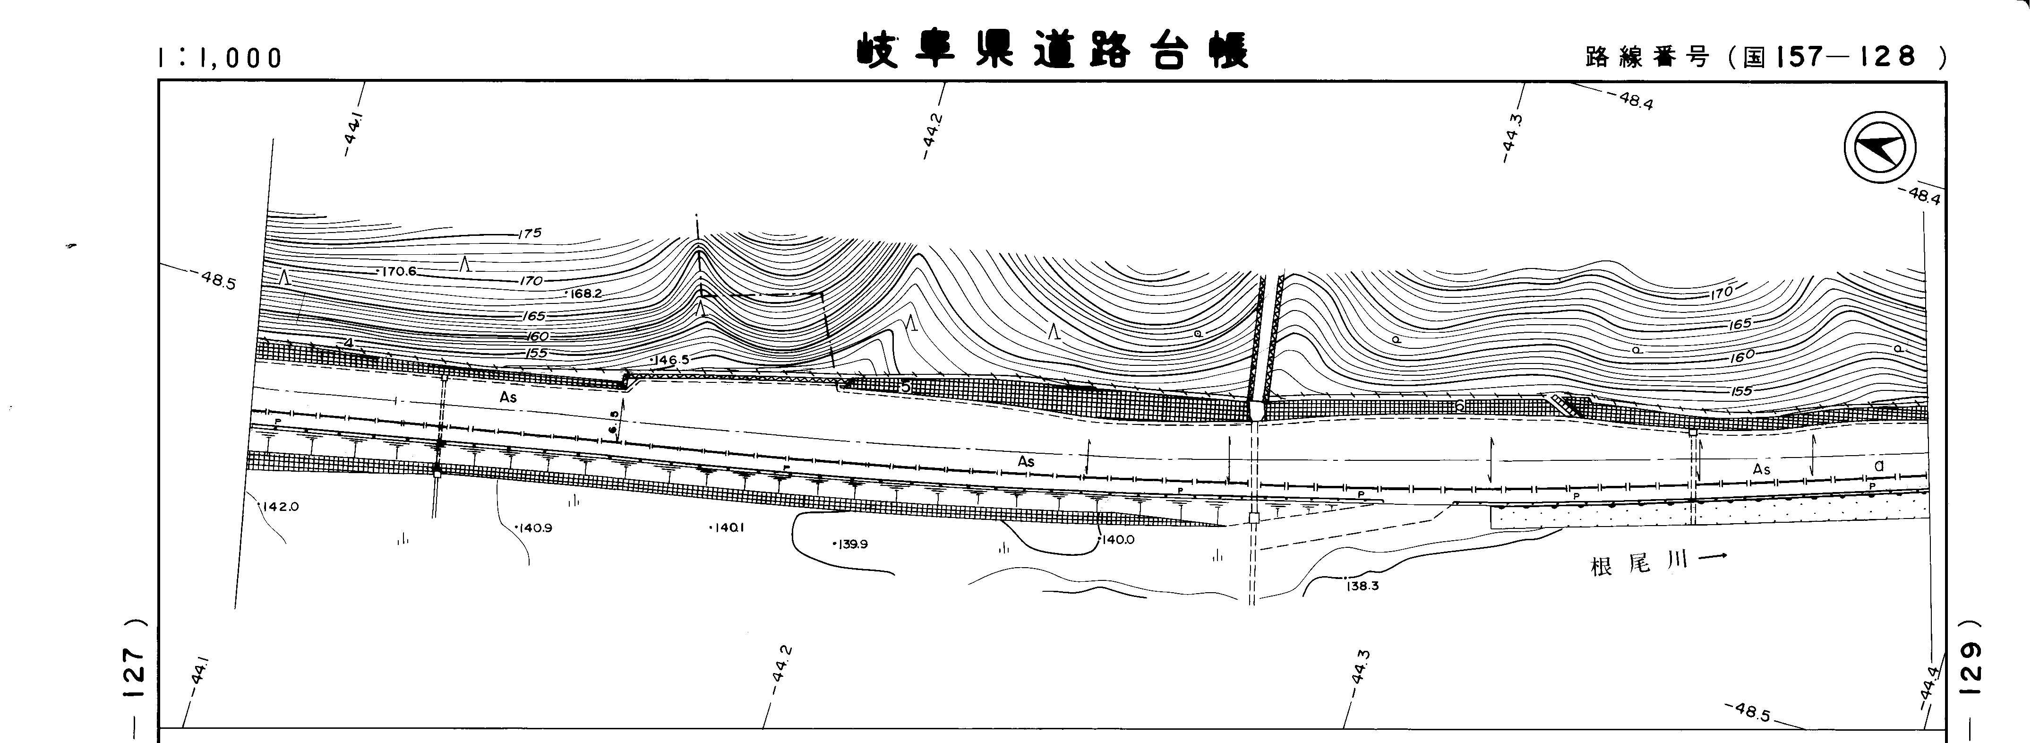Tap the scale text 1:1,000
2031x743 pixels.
[219, 58]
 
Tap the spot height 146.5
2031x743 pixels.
[671, 360]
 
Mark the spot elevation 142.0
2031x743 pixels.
[280, 507]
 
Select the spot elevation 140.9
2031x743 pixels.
[534, 528]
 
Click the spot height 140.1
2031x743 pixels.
[728, 528]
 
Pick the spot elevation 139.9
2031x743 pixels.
[851, 544]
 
